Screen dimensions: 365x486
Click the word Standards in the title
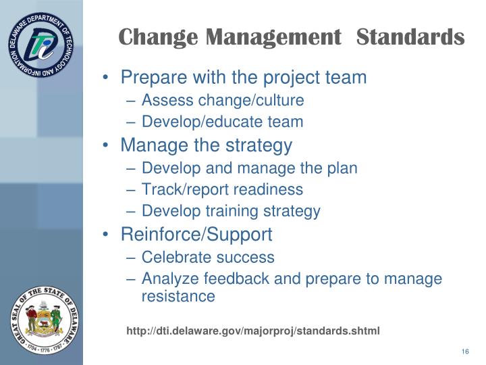coord(410,36)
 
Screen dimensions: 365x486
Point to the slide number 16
coord(465,351)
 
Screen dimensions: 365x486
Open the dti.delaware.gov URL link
coord(253,331)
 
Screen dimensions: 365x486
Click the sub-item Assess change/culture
coord(223,101)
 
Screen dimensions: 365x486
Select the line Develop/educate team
coord(222,122)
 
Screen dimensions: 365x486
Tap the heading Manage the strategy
coord(206,145)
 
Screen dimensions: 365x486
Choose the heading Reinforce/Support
coord(196,235)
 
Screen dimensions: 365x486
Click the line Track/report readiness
coord(222,189)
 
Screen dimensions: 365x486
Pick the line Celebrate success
coord(208,257)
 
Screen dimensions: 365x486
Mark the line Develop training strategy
coord(231,211)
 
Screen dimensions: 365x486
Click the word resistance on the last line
coord(178,296)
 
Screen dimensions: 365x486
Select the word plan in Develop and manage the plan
coord(343,168)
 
